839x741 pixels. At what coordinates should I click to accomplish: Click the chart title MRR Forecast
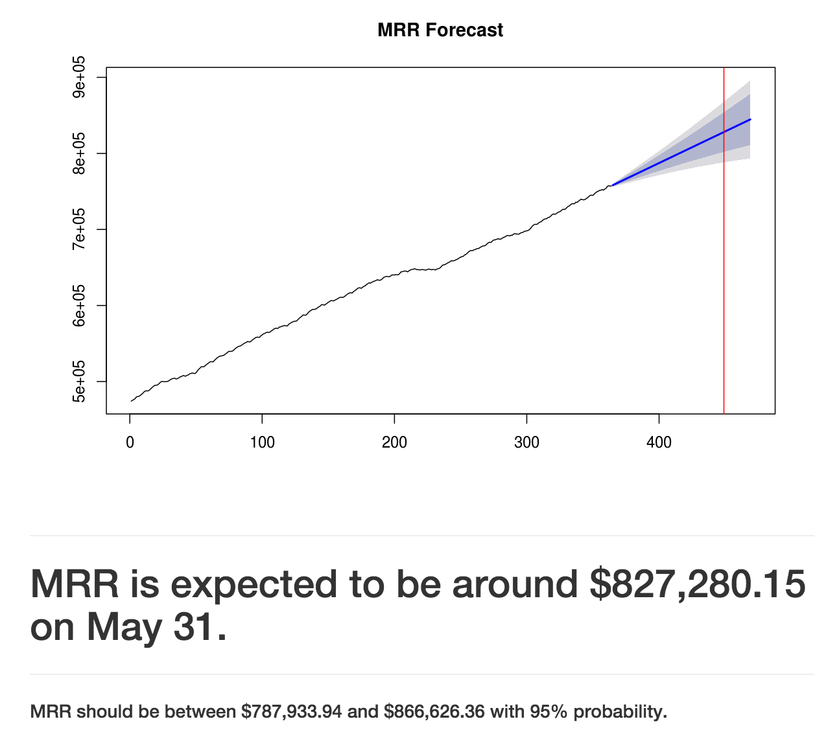click(x=440, y=30)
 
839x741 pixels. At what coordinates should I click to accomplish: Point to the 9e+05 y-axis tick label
click(x=78, y=77)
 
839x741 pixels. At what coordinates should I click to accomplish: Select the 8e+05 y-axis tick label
click(x=78, y=154)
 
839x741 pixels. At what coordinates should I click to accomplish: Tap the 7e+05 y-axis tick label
click(x=78, y=229)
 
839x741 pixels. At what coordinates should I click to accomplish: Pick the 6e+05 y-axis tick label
click(x=78, y=305)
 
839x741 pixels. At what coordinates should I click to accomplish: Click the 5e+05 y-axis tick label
click(x=78, y=382)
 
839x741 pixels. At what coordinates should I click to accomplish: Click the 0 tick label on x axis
click(x=130, y=443)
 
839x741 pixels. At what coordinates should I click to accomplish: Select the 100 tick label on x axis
click(x=262, y=443)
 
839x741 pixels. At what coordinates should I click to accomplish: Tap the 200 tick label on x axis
click(x=394, y=443)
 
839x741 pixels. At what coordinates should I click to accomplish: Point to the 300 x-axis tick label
click(x=526, y=443)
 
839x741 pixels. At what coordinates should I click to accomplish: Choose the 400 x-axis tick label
click(x=659, y=443)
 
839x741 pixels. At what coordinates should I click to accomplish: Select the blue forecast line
click(x=681, y=153)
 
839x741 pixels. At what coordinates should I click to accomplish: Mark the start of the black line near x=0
click(x=132, y=401)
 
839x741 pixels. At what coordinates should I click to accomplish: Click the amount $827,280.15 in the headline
click(x=698, y=584)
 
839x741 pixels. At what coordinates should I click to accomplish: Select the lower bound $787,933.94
click(x=291, y=712)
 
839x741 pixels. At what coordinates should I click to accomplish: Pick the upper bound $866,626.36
click(x=434, y=712)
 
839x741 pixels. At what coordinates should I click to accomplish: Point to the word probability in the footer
click(x=620, y=712)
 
